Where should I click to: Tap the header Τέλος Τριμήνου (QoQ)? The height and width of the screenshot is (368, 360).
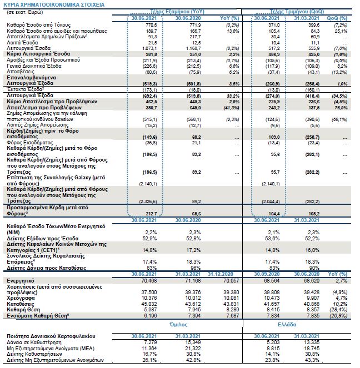pyautogui.click(x=282, y=11)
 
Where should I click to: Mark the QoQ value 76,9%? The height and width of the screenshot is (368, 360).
pyautogui.click(x=341, y=109)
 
